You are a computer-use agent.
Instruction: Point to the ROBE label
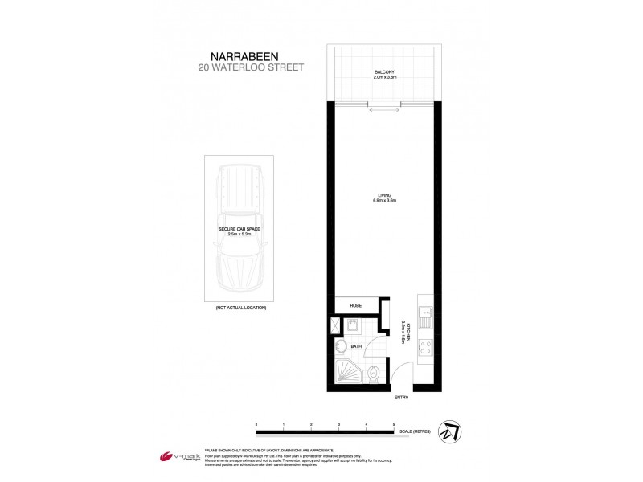(x=354, y=305)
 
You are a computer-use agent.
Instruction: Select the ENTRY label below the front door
(x=401, y=398)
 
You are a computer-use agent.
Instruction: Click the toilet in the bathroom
(x=375, y=375)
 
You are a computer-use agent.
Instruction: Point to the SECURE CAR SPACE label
(x=240, y=232)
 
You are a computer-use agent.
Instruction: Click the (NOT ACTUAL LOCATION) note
(x=240, y=308)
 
